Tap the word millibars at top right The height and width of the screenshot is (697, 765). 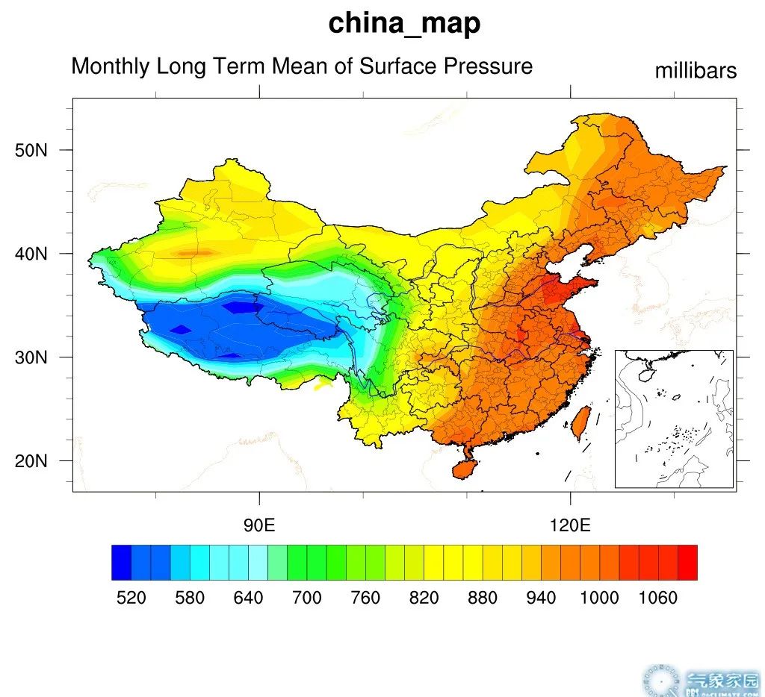click(x=696, y=71)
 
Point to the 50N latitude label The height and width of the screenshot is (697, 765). click(x=31, y=151)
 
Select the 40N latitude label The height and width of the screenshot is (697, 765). click(x=31, y=254)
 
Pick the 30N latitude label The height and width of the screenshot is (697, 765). click(x=31, y=357)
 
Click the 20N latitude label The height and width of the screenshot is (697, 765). click(x=31, y=461)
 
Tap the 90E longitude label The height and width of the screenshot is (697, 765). click(x=259, y=525)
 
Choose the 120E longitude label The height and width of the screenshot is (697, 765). click(x=570, y=525)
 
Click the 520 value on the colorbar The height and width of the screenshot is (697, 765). click(x=131, y=598)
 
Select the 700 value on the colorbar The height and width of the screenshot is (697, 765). click(x=307, y=598)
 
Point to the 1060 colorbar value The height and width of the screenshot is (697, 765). click(x=658, y=598)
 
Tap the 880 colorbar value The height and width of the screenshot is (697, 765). click(x=483, y=598)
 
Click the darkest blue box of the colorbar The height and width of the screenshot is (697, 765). click(x=121, y=563)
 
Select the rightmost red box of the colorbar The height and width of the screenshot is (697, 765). click(x=687, y=563)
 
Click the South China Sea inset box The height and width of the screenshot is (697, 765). click(x=674, y=419)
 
